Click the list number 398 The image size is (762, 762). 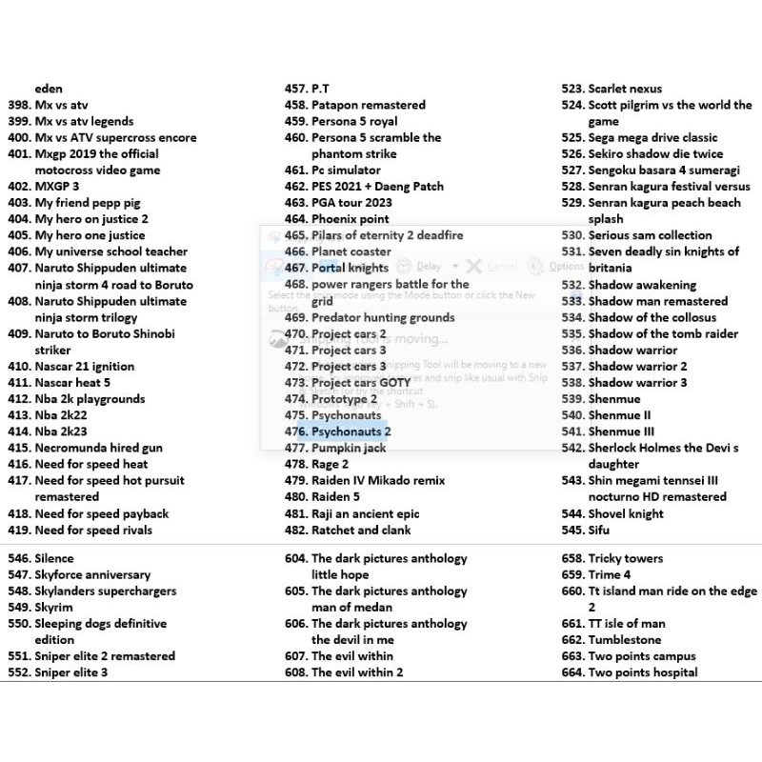pyautogui.click(x=19, y=105)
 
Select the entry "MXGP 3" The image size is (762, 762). pyautogui.click(x=57, y=187)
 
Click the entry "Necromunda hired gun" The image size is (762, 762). pyautogui.click(x=98, y=448)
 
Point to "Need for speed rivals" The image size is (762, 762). pyautogui.click(x=93, y=531)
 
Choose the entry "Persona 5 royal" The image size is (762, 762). pyautogui.click(x=354, y=122)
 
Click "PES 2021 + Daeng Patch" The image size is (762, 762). pyautogui.click(x=377, y=187)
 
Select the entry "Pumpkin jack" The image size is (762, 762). pyautogui.click(x=349, y=448)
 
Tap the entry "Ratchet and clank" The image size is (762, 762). pyautogui.click(x=361, y=531)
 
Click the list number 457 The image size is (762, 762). pyautogui.click(x=295, y=89)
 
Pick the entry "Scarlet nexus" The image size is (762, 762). pyautogui.click(x=625, y=89)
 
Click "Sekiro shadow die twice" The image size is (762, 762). pyautogui.click(x=655, y=154)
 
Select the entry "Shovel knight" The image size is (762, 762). pyautogui.click(x=626, y=514)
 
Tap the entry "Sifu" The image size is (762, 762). pyautogui.click(x=599, y=531)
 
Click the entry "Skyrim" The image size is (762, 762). pyautogui.click(x=53, y=608)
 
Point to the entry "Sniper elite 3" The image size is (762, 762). pyautogui.click(x=70, y=672)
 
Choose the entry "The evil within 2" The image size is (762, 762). pyautogui.click(x=357, y=672)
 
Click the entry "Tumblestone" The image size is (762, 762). pyautogui.click(x=624, y=640)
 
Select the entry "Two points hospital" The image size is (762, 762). pyautogui.click(x=643, y=672)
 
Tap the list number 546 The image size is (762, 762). pyautogui.click(x=19, y=559)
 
